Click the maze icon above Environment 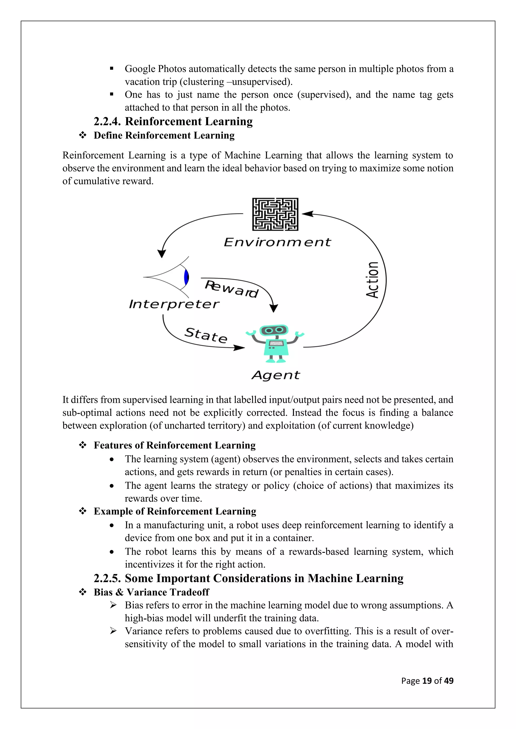275,214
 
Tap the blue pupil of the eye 186,277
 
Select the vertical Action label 372,280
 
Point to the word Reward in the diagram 231,288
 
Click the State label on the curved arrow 206,335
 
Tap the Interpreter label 174,304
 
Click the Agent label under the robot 275,375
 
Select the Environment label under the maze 277,242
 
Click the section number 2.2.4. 107,122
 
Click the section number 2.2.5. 107,578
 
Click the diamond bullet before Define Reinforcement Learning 83,136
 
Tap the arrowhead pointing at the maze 307,214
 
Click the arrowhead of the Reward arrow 274,308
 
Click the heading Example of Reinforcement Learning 175,511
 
